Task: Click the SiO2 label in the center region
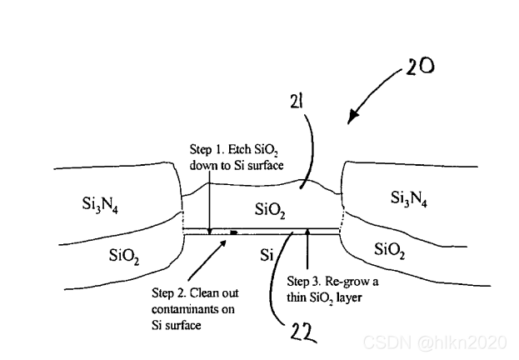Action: click(x=271, y=207)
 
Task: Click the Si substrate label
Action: click(x=267, y=252)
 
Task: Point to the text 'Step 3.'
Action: click(x=302, y=281)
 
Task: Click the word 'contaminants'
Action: click(x=180, y=309)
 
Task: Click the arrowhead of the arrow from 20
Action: click(x=351, y=118)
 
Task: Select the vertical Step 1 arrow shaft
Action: click(x=209, y=201)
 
